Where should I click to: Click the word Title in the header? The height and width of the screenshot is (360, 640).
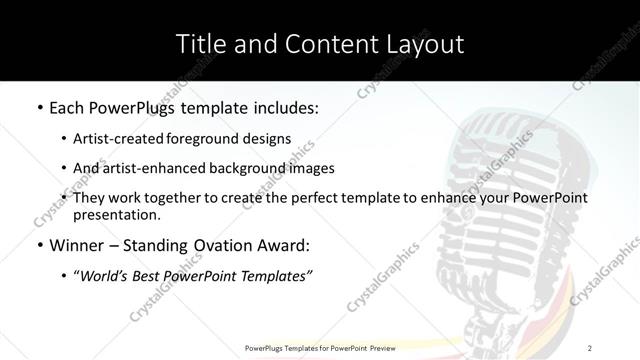tap(198, 44)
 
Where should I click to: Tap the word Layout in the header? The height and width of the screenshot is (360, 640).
tap(425, 44)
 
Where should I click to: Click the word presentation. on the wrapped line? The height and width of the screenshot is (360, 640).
tap(116, 215)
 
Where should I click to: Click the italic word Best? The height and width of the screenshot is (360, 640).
tap(150, 276)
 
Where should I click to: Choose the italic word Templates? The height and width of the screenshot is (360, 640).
tap(275, 276)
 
